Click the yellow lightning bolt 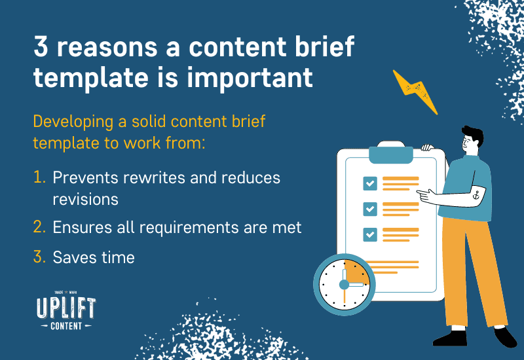pyautogui.click(x=415, y=90)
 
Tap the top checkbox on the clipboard pyautogui.click(x=370, y=183)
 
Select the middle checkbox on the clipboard pyautogui.click(x=370, y=209)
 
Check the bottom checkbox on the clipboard pyautogui.click(x=370, y=234)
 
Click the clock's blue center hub pyautogui.click(x=344, y=285)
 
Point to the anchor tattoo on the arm pyautogui.click(x=476, y=194)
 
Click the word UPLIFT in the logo pyautogui.click(x=66, y=308)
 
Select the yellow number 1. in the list pyautogui.click(x=39, y=177)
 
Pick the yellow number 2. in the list pyautogui.click(x=39, y=226)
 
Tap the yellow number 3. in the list pyautogui.click(x=39, y=257)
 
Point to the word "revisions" pyautogui.click(x=86, y=200)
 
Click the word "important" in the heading pyautogui.click(x=250, y=78)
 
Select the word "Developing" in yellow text pyautogui.click(x=73, y=122)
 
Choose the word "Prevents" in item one pyautogui.click(x=86, y=177)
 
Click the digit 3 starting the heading pyautogui.click(x=41, y=46)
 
